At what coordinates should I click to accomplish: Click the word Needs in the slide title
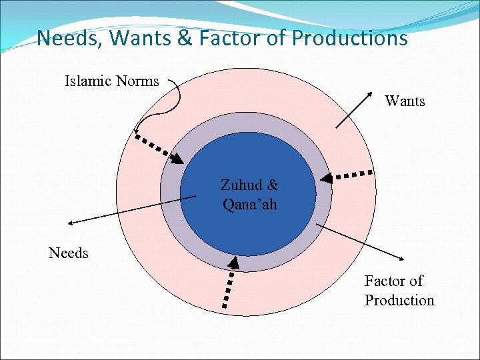tap(64, 38)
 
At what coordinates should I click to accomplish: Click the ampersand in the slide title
tap(184, 38)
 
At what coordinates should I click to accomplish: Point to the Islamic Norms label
tap(111, 81)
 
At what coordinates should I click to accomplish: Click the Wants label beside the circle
tap(405, 101)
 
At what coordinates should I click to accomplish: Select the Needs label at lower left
tap(69, 253)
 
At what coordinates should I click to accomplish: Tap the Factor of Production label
tap(399, 290)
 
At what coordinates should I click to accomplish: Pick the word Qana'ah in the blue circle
tap(250, 203)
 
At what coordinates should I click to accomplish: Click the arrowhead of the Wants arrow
tap(368, 92)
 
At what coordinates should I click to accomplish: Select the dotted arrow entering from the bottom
tap(229, 283)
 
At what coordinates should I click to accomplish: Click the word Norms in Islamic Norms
tap(137, 81)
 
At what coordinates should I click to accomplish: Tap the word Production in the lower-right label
tap(399, 300)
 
